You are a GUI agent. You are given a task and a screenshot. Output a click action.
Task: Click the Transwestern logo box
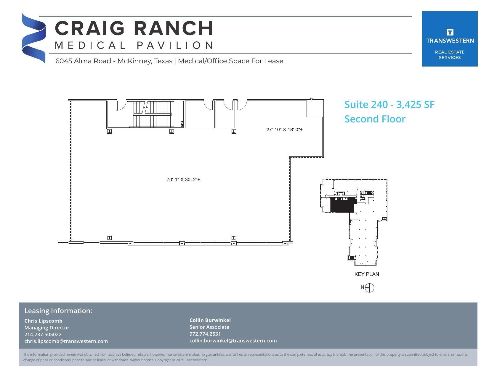pos(449,39)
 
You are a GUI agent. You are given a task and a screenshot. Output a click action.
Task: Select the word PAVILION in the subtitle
pos(175,45)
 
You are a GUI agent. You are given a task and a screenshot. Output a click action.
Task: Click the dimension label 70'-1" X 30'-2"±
pos(183,179)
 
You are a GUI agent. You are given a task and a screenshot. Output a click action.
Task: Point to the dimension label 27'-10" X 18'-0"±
pos(284,130)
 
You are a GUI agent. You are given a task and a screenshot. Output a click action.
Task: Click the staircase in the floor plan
pos(152,114)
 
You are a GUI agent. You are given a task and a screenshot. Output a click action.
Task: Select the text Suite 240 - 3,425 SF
pos(389,104)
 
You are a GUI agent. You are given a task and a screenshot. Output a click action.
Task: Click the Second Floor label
pos(375,119)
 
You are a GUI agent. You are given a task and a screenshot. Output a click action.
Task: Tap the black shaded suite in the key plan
pos(342,205)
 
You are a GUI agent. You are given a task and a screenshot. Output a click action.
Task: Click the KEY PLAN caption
pos(367,274)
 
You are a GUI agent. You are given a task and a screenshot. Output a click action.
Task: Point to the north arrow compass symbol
pos(369,288)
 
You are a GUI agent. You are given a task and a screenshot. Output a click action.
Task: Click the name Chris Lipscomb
pos(43,321)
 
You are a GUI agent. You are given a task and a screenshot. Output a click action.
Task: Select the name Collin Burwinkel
pos(210,320)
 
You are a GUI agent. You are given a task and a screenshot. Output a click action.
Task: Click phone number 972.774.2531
pos(205,334)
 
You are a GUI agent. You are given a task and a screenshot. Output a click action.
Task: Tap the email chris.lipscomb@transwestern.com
pos(66,341)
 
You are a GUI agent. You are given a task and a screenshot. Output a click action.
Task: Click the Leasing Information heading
pos(58,311)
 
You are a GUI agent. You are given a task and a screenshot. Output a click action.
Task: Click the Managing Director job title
pos(47,328)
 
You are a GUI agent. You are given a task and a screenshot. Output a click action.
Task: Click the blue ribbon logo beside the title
pos(33,38)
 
